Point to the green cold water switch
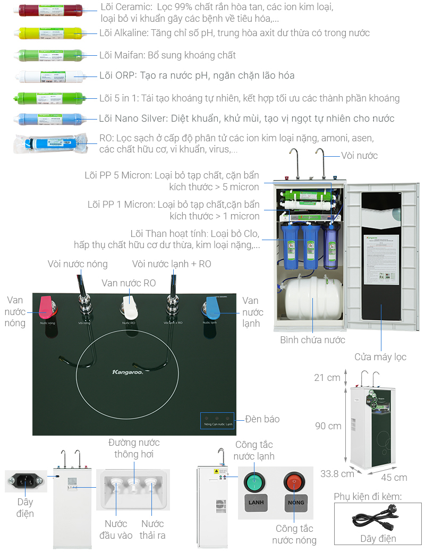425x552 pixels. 253,482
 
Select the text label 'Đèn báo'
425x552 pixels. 262,419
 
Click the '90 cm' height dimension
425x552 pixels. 327,426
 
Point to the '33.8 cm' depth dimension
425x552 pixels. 337,473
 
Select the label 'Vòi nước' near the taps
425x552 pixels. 360,155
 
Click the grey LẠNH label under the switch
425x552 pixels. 254,503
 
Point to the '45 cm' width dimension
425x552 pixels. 394,477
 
